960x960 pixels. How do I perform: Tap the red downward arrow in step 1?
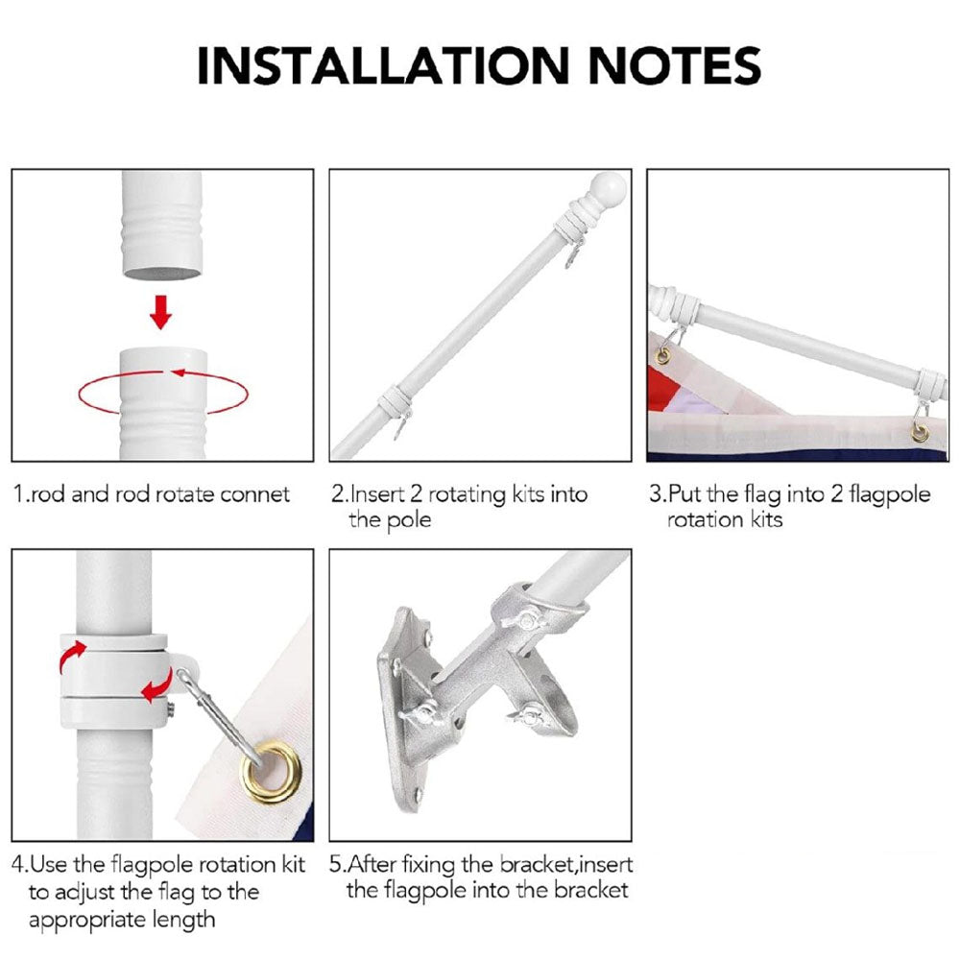click(x=161, y=311)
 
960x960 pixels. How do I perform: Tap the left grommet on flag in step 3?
click(x=661, y=357)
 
